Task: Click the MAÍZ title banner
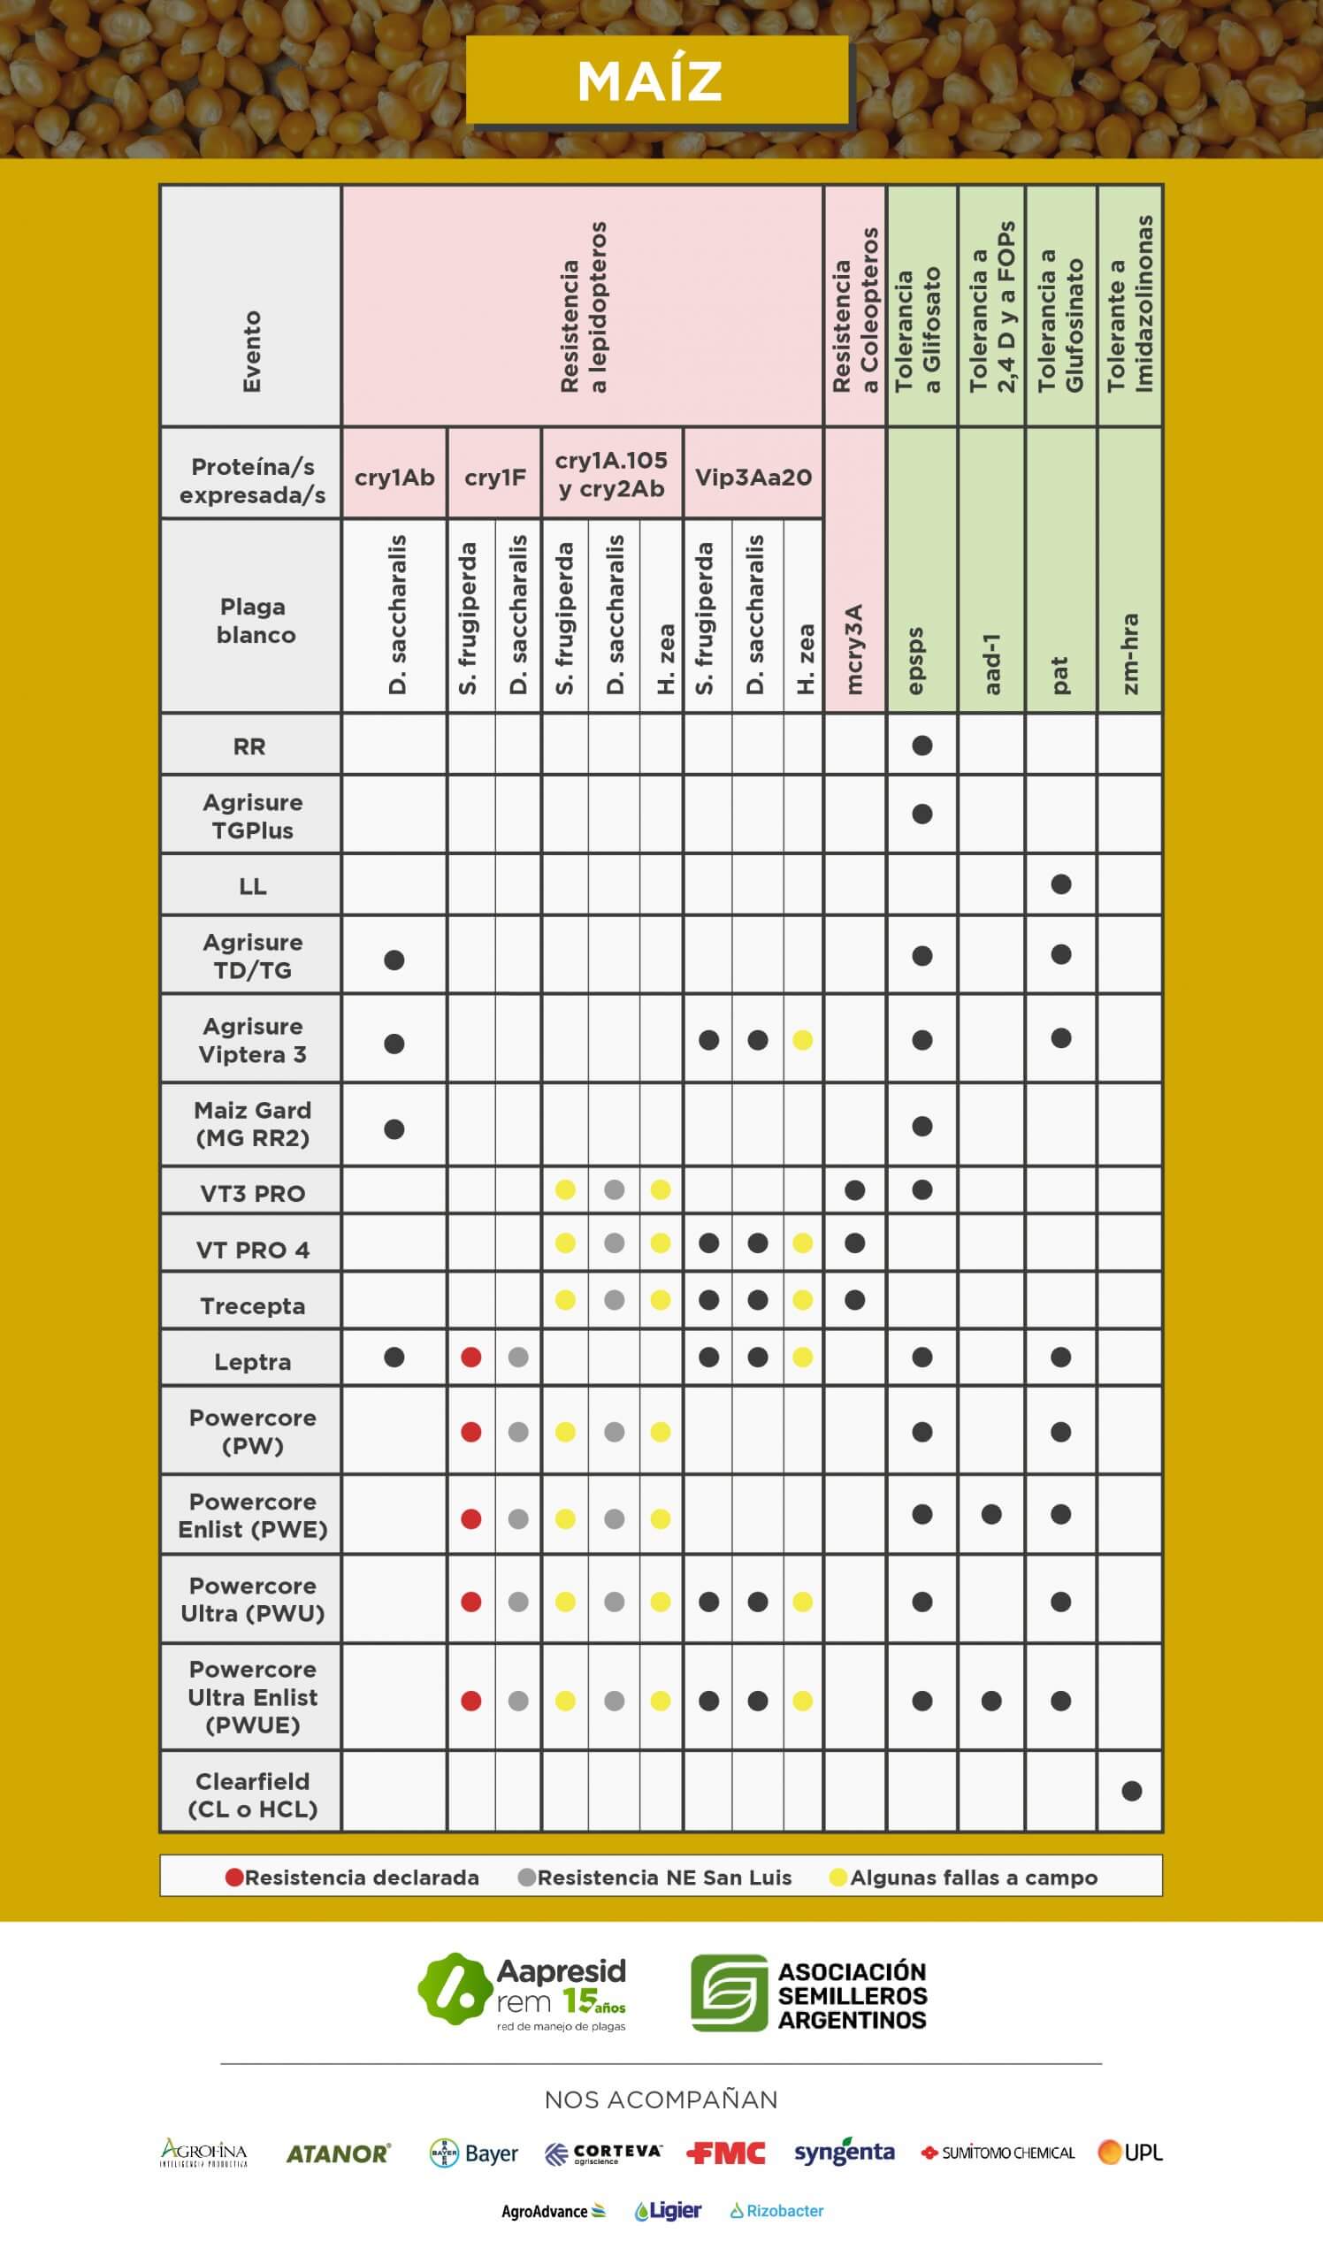pos(656,80)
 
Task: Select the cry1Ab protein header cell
pos(394,477)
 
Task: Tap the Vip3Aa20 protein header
pos(753,477)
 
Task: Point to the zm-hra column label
pos(1130,654)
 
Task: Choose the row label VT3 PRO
pos(252,1193)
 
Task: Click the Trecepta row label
pos(252,1305)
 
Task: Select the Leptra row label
pos(252,1362)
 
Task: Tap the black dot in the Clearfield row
pos(1132,1791)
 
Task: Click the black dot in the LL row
pos(1060,884)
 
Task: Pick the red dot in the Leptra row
pos(470,1358)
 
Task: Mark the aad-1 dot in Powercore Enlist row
pos(991,1515)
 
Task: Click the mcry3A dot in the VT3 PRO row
pos(855,1190)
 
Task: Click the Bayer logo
pos(474,2153)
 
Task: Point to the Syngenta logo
pos(845,2153)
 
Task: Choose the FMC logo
pos(726,2153)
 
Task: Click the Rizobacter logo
pos(777,2211)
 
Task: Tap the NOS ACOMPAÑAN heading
pos(661,2100)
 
